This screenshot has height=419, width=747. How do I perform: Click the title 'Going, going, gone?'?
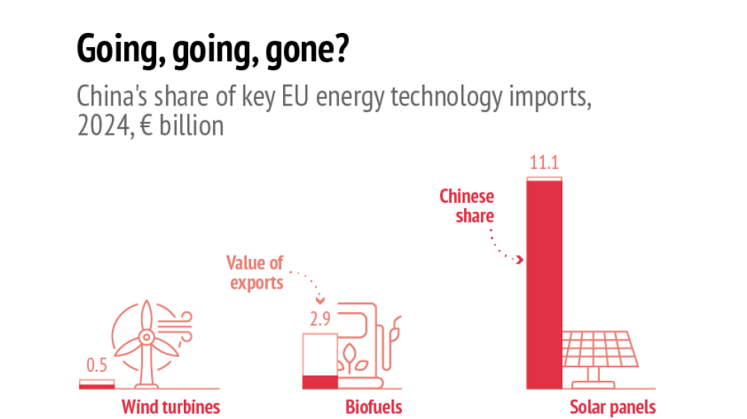coord(211,52)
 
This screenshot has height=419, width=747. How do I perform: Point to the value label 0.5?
coord(97,366)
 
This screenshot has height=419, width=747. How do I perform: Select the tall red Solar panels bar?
coord(544,284)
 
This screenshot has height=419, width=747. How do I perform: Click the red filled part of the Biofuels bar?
coord(320,382)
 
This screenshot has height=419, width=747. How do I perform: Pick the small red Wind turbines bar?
coord(97,385)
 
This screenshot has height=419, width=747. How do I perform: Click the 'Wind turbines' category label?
coord(171,407)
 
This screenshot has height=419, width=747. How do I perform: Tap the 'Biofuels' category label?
coord(373,407)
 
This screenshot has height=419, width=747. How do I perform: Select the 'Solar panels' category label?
coord(613,407)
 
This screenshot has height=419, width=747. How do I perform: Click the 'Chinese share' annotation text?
coord(467,206)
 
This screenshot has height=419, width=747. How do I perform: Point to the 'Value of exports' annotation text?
coord(255,272)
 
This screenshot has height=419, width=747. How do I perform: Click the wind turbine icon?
coord(147,340)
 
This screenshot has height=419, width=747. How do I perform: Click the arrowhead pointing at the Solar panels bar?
coord(520,260)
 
